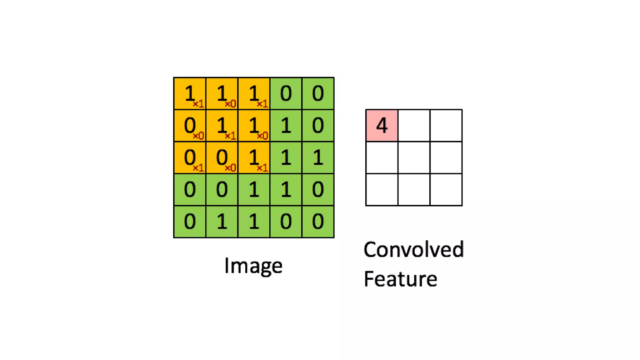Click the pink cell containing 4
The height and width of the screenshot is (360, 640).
pos(382,125)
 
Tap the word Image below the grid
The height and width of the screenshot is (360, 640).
pos(253,266)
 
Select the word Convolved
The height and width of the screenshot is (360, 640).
pos(414,250)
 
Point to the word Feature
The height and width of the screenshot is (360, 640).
pos(400,279)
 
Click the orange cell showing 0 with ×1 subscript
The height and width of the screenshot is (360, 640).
pos(190,157)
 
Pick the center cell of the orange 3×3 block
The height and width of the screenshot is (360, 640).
pos(222,126)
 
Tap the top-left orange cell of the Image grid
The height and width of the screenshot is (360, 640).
pos(190,93)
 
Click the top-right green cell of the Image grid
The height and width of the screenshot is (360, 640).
pos(318,93)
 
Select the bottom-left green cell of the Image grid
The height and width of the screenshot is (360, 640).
pos(190,222)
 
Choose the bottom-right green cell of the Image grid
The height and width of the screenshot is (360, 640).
pos(318,222)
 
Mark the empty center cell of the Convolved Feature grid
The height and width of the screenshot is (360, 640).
pos(414,157)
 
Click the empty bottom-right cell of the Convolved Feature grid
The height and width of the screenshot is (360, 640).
pos(446,190)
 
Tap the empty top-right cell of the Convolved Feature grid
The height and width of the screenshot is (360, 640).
pos(446,125)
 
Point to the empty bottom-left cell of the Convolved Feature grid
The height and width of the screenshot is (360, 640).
pos(382,190)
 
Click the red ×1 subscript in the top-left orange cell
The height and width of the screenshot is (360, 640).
pos(198,104)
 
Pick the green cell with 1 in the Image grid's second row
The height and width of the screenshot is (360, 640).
pos(286,126)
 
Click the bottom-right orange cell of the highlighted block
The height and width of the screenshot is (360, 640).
pos(254,157)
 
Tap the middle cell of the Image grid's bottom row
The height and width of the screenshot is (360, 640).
pos(254,222)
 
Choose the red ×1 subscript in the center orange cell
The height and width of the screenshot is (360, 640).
pos(230,136)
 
